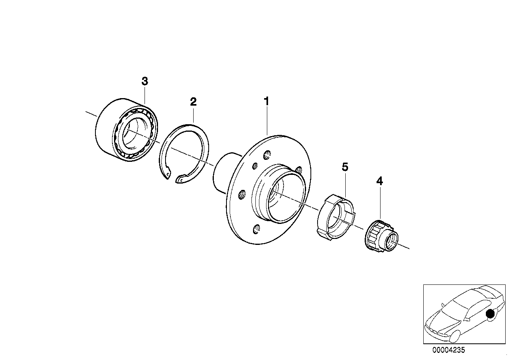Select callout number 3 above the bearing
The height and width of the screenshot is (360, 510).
145,81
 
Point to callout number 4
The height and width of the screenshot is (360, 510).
379,182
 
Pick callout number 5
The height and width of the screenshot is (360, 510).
345,167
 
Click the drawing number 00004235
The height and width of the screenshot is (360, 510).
449,350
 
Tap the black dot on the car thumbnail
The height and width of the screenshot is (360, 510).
491,314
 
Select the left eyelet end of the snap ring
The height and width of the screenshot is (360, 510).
168,173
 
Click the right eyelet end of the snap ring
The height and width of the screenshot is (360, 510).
180,180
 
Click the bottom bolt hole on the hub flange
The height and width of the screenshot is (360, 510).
257,228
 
